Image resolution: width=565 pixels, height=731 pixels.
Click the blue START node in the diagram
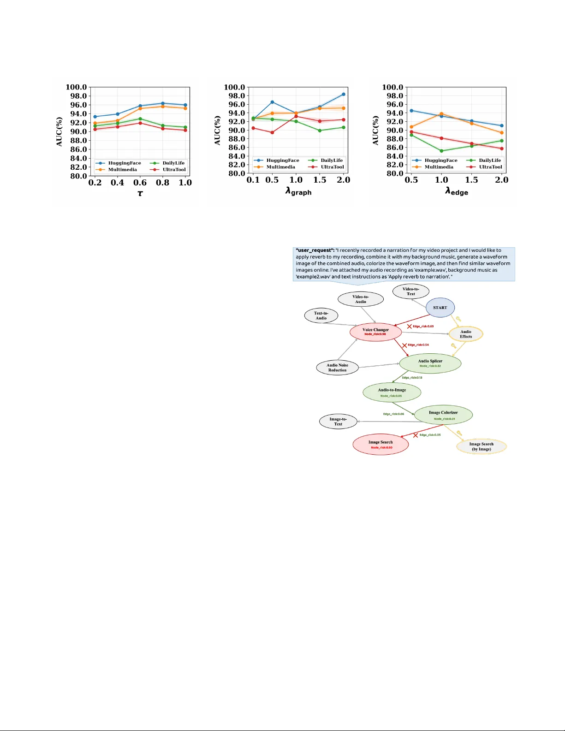click(440, 308)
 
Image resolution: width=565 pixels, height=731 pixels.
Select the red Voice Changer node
click(375, 332)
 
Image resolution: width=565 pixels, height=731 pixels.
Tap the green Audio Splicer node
click(430, 363)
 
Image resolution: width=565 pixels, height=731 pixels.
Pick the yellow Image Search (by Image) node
click(481, 446)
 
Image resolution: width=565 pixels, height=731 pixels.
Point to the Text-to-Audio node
click(321, 315)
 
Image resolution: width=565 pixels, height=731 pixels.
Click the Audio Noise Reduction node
click(337, 368)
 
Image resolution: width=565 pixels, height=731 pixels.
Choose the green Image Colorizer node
click(443, 415)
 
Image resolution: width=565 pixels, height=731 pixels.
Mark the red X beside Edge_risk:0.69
click(409, 327)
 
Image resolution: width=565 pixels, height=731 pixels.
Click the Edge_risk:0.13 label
click(412, 378)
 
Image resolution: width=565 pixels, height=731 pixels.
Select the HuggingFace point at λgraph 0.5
click(272, 102)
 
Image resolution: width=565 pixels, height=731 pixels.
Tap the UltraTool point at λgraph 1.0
click(296, 116)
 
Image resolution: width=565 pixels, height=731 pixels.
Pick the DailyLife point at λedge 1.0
click(441, 151)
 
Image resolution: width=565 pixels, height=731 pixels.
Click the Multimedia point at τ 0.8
click(162, 107)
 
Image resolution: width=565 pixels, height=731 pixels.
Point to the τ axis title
click(140, 193)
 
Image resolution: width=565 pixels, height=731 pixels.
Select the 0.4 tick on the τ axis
click(117, 183)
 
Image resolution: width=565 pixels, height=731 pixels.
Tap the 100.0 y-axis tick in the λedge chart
click(393, 87)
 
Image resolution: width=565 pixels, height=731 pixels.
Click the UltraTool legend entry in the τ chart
click(174, 170)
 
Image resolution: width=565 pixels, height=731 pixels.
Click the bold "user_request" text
click(315, 250)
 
